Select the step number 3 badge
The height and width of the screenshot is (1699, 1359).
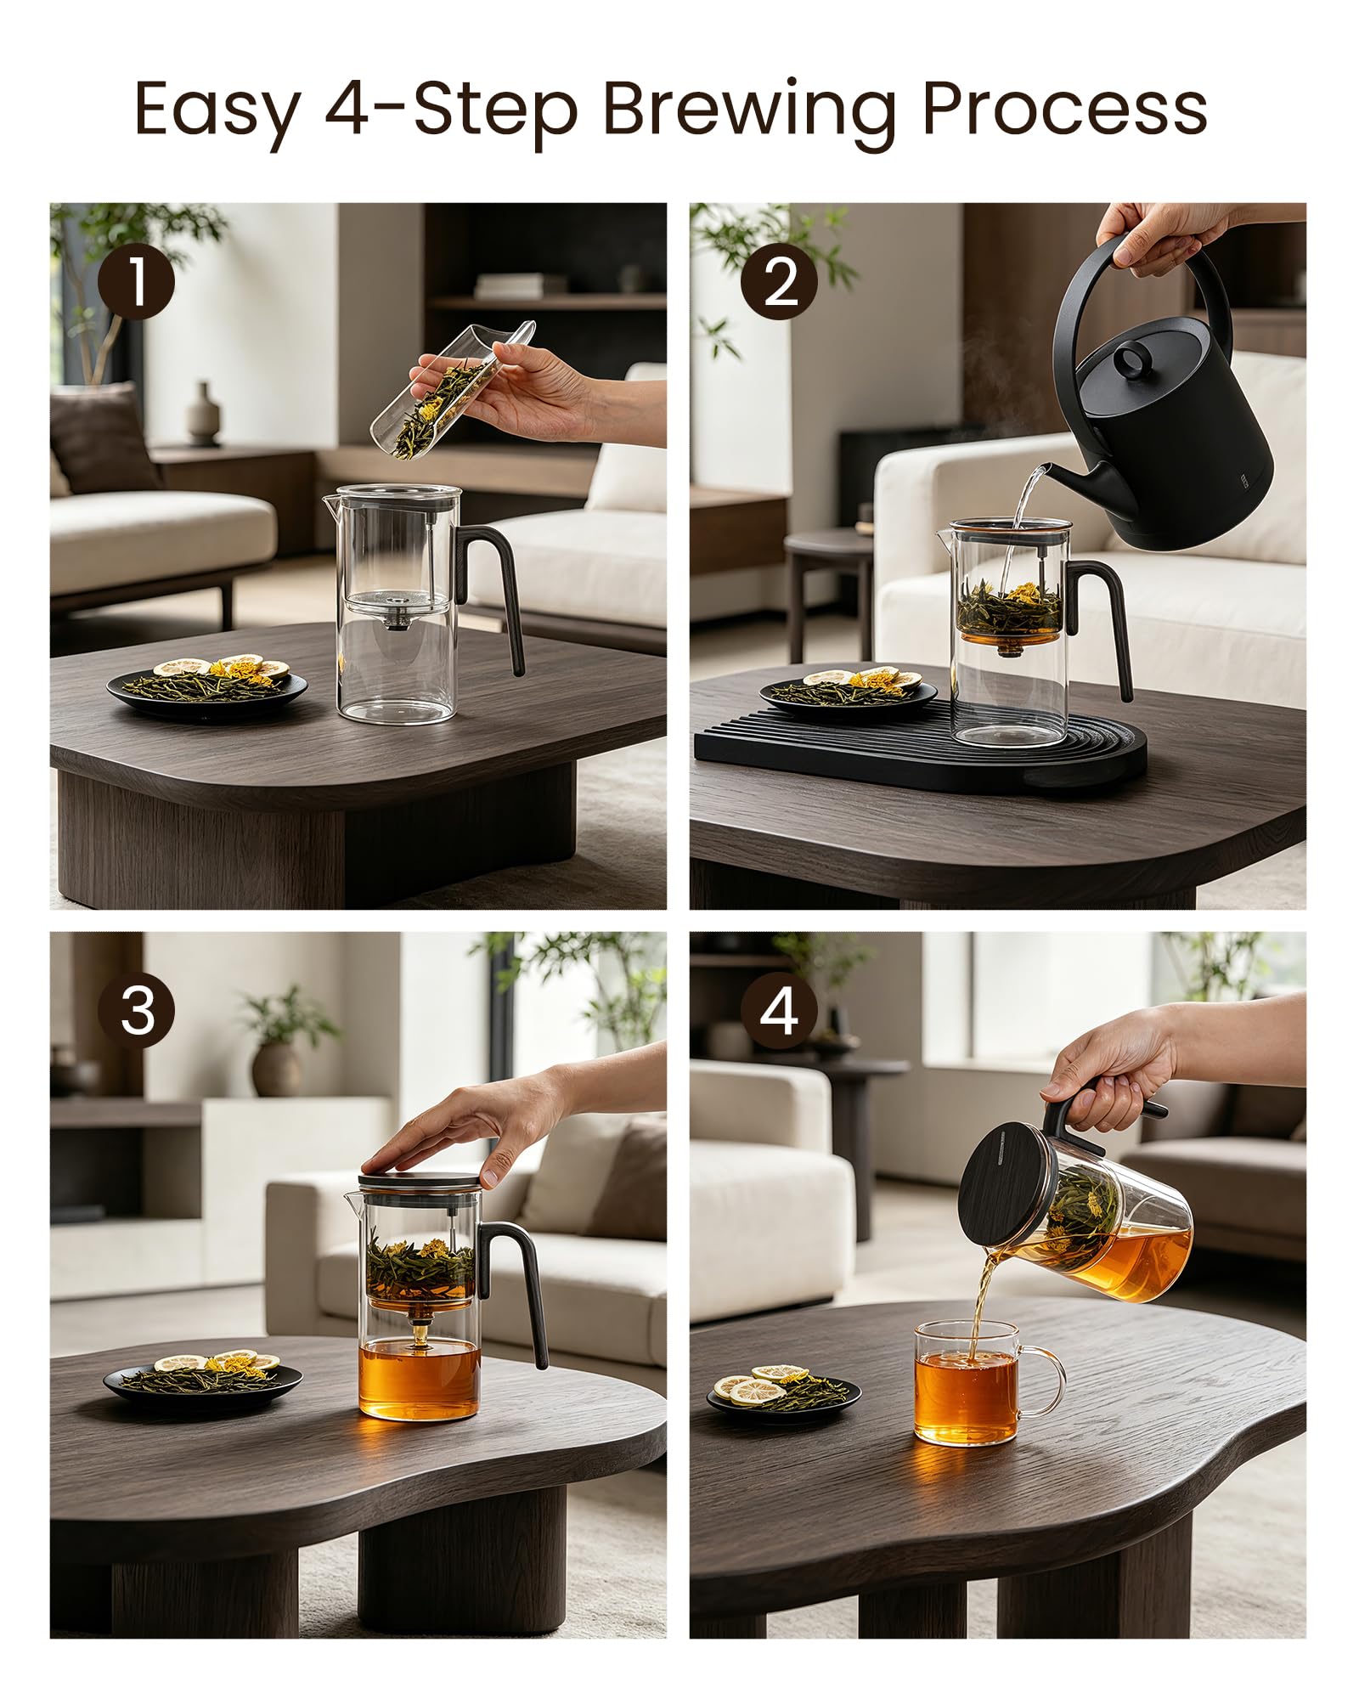tap(136, 1011)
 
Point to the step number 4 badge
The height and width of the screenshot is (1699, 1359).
tap(778, 1011)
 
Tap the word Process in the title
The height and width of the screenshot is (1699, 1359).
tap(1064, 108)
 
